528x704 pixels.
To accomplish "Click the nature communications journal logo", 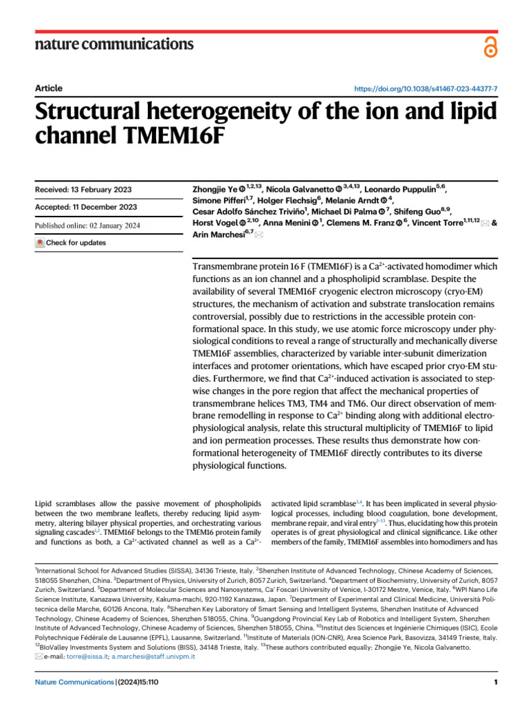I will click(113, 45).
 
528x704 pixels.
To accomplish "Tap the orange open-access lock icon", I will click(489, 47).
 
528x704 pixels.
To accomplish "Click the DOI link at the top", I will click(426, 89).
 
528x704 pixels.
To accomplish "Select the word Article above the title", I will click(48, 88).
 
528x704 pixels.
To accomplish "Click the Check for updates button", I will click(71, 243).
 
